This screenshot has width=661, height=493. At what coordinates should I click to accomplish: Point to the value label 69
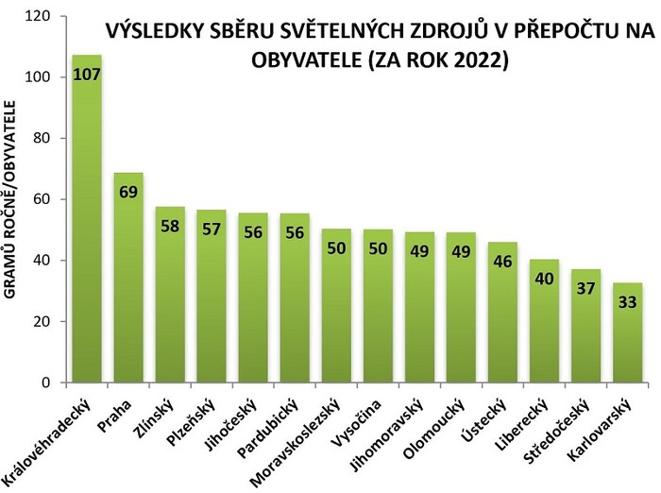click(128, 192)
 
